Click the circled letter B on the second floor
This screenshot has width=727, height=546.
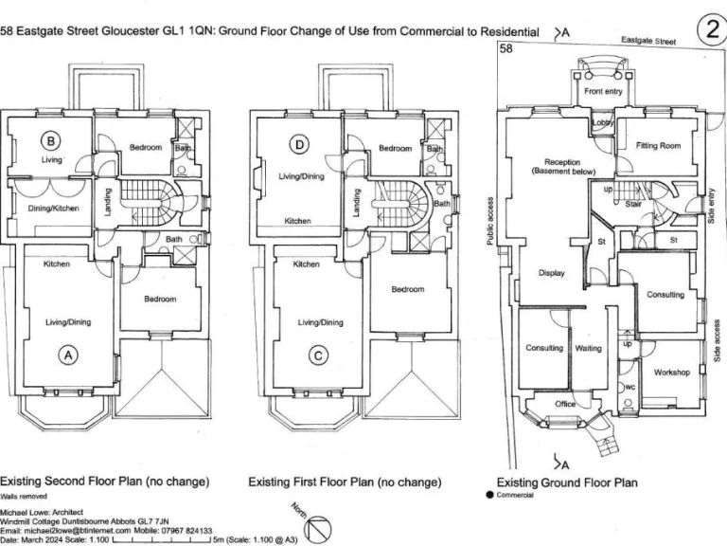pos(51,143)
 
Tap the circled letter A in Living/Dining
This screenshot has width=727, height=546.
pos(67,355)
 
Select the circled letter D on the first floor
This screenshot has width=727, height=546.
pos(300,145)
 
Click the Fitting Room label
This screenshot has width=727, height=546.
pos(659,146)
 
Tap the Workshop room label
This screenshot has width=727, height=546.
pos(672,373)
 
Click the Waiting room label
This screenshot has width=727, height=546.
pos(589,348)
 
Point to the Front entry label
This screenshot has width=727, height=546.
pos(603,91)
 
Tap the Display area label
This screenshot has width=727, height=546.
pos(551,273)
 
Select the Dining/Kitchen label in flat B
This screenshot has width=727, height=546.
pos(53,208)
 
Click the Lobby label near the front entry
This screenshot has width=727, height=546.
pos(603,123)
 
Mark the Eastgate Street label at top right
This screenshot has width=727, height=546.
pos(648,42)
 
